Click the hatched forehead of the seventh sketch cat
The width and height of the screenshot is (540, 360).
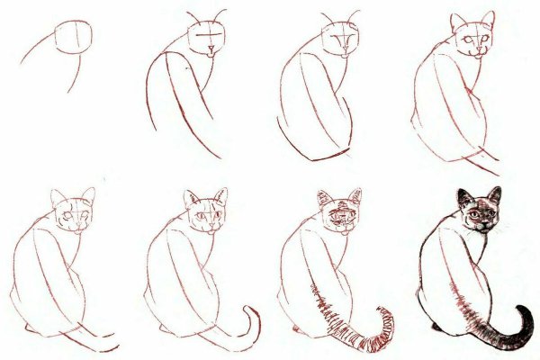point(339,211)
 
